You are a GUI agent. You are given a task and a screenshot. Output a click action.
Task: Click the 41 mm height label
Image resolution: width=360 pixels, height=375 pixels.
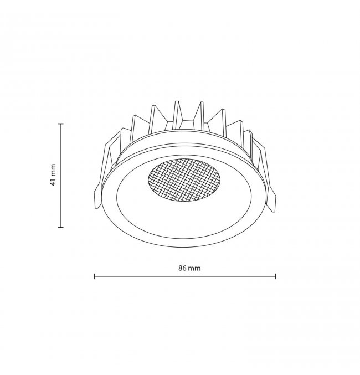53,175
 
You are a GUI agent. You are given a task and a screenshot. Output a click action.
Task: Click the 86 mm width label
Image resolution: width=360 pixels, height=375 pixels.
189,268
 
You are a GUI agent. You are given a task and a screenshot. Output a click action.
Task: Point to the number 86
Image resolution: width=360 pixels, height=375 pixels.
182,268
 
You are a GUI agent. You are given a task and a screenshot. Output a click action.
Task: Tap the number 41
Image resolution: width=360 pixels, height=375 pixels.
53,182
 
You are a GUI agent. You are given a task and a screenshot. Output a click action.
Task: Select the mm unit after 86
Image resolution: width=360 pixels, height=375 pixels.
194,268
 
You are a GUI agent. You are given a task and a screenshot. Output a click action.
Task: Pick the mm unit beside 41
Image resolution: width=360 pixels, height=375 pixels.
53,170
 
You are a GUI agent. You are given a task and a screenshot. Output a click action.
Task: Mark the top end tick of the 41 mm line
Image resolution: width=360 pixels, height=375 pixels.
61,124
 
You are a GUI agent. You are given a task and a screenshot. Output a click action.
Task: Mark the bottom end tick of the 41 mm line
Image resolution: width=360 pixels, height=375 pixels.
61,227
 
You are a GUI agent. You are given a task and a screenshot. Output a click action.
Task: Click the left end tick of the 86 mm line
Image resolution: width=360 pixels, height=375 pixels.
95,276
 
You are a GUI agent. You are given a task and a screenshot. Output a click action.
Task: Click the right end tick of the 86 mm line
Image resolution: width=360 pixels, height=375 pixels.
276,276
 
